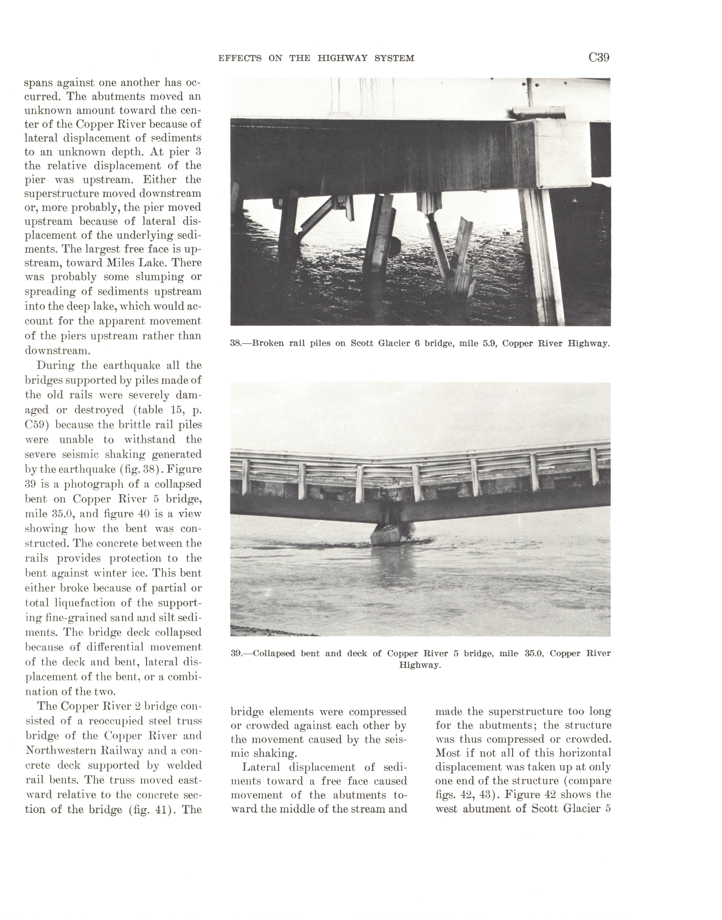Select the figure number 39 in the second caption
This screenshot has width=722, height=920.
click(236, 653)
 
